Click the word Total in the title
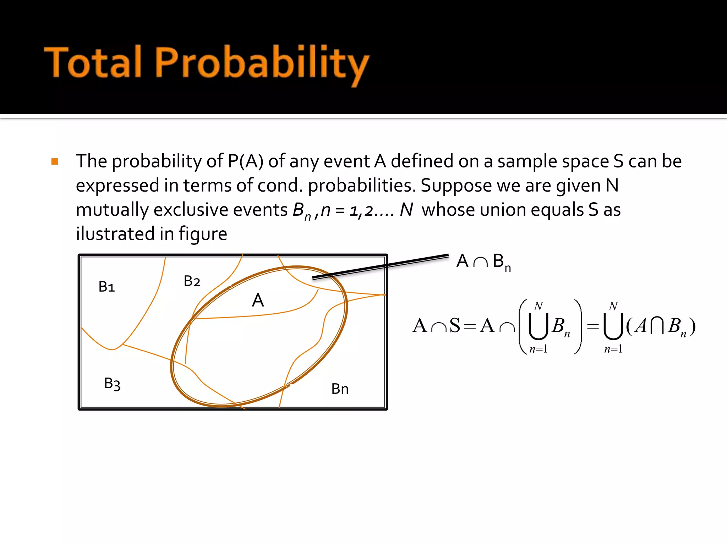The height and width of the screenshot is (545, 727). [93, 62]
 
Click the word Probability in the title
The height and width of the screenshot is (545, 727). [262, 64]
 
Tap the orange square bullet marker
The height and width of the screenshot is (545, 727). [55, 162]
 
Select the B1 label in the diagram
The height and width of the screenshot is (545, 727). [106, 287]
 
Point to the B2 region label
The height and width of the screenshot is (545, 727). [192, 281]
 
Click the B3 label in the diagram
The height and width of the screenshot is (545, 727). [112, 384]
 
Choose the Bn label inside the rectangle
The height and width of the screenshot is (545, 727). [340, 389]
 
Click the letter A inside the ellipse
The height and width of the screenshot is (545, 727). [258, 301]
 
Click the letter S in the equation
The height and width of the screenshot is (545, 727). [455, 326]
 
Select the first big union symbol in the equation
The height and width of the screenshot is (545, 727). [538, 326]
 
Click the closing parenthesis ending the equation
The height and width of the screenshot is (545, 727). [692, 326]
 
